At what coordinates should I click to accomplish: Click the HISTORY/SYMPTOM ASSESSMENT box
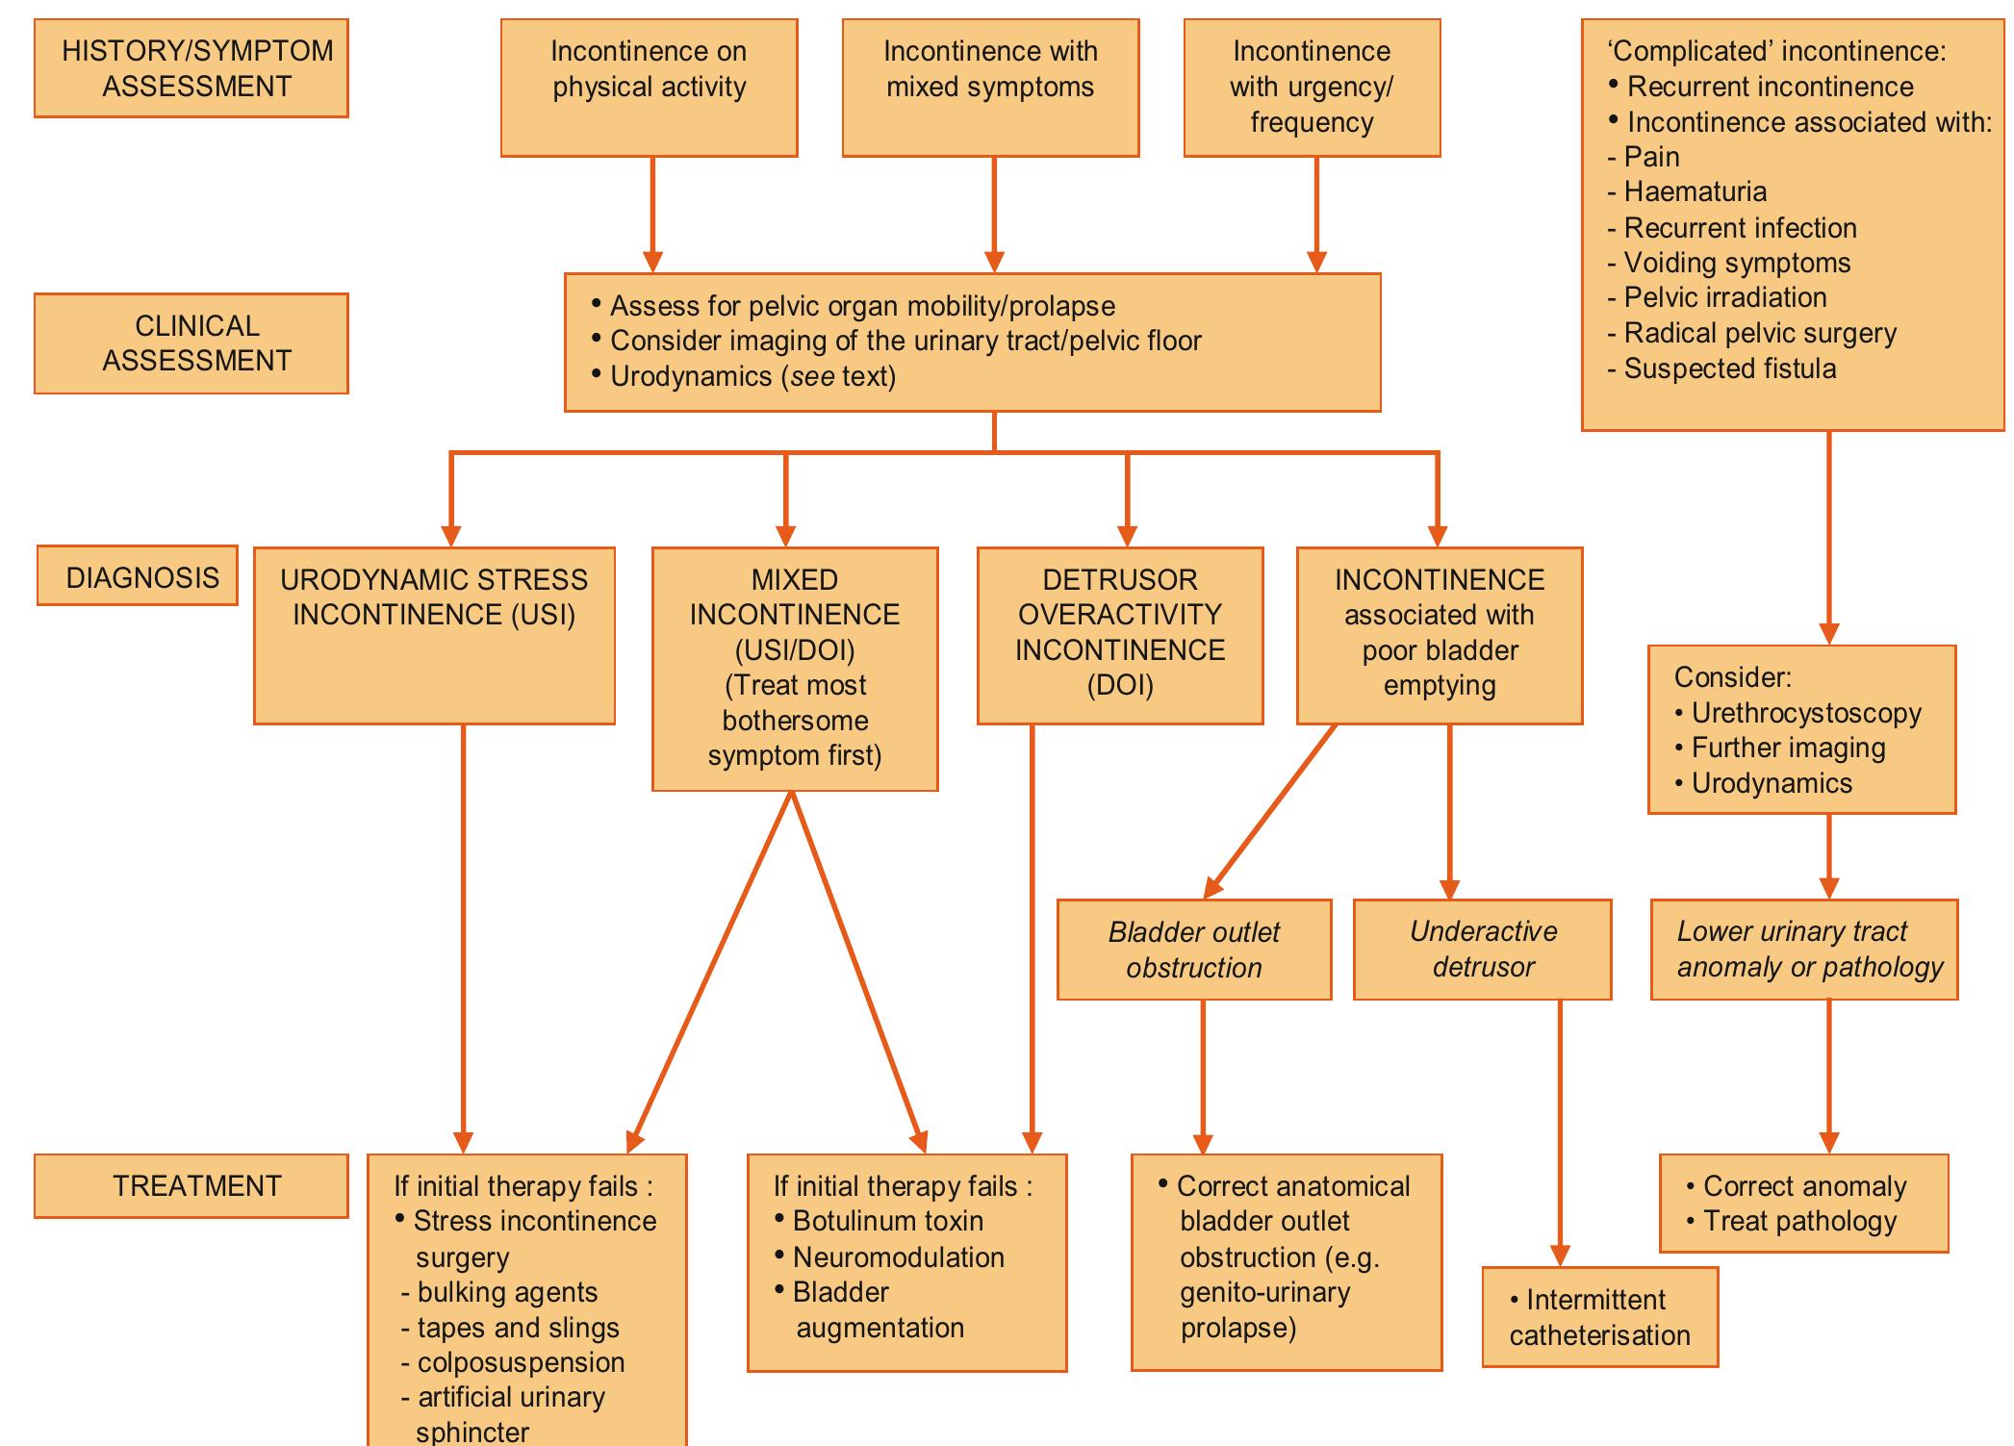click(x=191, y=68)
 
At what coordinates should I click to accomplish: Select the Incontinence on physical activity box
click(x=649, y=88)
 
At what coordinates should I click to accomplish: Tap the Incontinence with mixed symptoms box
click(x=990, y=88)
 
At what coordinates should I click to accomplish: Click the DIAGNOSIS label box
click(x=138, y=576)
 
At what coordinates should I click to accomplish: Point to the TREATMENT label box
click(x=191, y=1185)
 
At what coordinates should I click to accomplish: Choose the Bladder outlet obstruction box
click(x=1193, y=950)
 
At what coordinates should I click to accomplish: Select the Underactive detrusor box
click(x=1482, y=950)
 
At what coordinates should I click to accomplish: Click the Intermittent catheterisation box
click(x=1599, y=1318)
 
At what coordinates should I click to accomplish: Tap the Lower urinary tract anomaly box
click(x=1803, y=950)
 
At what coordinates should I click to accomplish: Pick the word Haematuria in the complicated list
click(x=1695, y=192)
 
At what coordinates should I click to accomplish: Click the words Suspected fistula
click(x=1729, y=368)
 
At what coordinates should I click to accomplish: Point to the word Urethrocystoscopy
click(x=1805, y=713)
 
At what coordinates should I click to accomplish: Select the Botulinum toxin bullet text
click(x=887, y=1221)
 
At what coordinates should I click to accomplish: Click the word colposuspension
click(x=521, y=1362)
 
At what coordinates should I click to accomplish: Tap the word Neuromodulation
click(x=898, y=1257)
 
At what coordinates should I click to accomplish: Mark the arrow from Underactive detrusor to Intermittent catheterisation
click(x=1560, y=1135)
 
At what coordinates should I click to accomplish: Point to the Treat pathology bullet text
click(x=1799, y=1222)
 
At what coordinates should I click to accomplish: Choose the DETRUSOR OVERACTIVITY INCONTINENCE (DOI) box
click(x=1120, y=635)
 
